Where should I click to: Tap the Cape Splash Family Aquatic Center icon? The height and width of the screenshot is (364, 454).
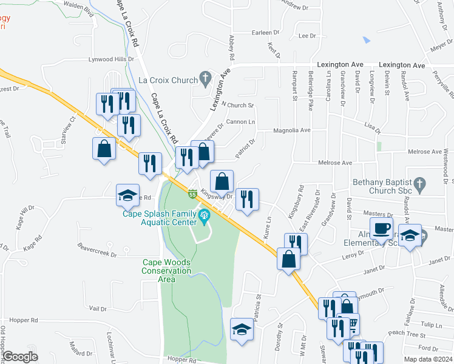tap(205, 214)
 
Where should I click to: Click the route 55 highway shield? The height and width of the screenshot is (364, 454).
tap(192, 194)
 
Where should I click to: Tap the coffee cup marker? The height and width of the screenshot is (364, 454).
tap(381, 229)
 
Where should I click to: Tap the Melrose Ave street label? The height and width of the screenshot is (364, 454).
tap(334, 163)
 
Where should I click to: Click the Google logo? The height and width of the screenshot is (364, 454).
tap(21, 357)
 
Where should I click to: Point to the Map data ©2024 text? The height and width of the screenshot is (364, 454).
tap(429, 359)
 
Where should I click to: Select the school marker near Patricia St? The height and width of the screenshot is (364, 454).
tap(242, 329)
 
